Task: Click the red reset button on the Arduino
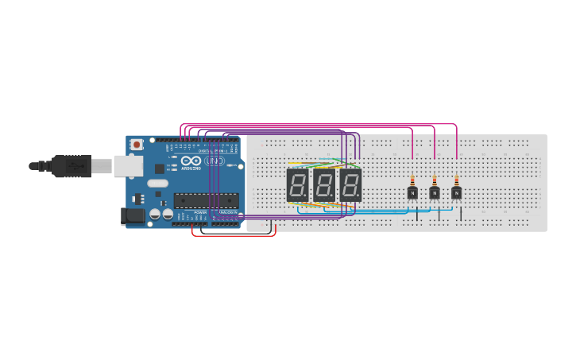click(137, 145)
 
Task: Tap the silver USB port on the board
click(127, 165)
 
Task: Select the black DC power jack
click(130, 215)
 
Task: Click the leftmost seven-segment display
click(297, 184)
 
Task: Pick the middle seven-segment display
click(323, 184)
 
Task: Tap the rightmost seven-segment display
click(350, 184)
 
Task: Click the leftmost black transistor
click(412, 192)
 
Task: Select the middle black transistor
click(435, 192)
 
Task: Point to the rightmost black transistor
click(456, 192)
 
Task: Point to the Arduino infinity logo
click(191, 161)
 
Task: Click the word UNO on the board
click(215, 161)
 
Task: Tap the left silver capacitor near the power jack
click(155, 214)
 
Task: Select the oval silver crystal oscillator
click(157, 183)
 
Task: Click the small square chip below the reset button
click(159, 168)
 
